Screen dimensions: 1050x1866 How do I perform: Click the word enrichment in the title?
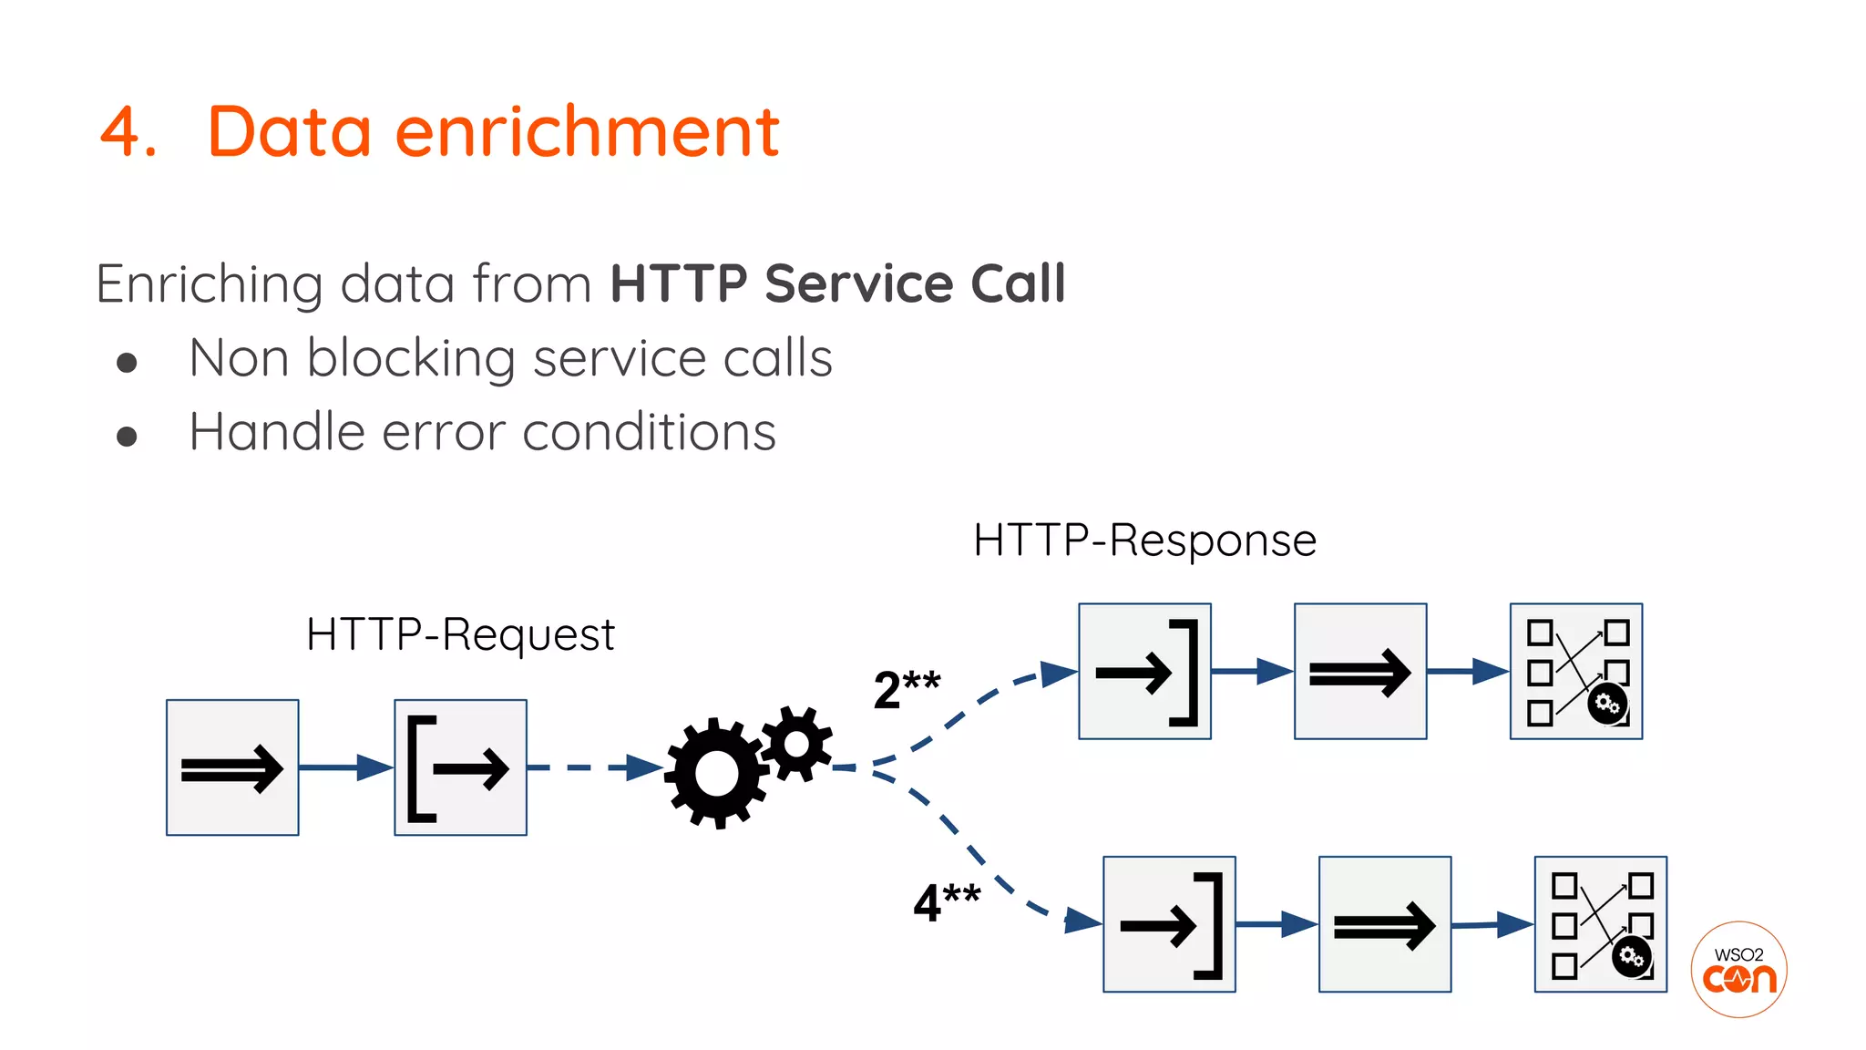click(x=587, y=132)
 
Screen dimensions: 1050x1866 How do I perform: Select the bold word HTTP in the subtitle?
click(x=678, y=283)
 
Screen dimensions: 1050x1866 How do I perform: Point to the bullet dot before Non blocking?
click(x=128, y=363)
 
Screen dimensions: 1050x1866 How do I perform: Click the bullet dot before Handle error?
click(x=128, y=437)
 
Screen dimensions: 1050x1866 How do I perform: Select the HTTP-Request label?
click(x=460, y=634)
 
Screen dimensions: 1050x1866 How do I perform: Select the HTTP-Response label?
click(x=1144, y=540)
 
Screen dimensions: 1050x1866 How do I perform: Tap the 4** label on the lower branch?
click(x=946, y=902)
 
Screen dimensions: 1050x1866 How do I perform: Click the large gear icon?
click(x=716, y=773)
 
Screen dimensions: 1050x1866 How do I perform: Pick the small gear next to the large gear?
click(x=797, y=744)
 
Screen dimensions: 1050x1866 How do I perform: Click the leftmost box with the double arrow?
click(x=232, y=767)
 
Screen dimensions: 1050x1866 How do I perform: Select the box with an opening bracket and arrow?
click(x=460, y=767)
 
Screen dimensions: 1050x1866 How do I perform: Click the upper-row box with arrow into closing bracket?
click(x=1144, y=672)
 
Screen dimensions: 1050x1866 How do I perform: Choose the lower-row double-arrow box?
click(x=1384, y=924)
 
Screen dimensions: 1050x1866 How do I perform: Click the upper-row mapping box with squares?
click(x=1575, y=672)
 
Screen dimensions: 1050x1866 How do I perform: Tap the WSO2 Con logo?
click(x=1738, y=970)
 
